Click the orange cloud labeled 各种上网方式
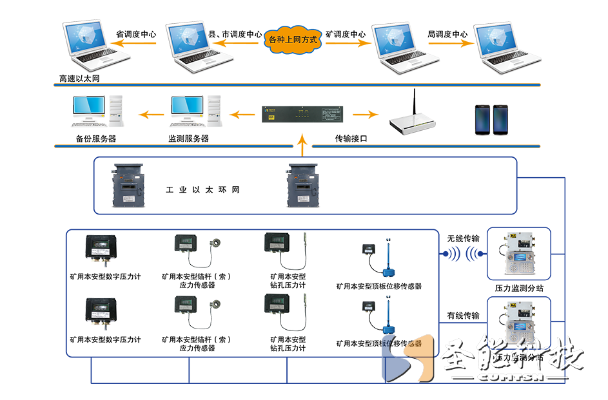coord(293,40)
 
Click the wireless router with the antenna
coord(408,116)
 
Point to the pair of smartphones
coord(492,119)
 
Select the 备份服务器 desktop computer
coord(97,111)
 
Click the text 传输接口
coord(351,138)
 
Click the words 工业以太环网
coord(202,191)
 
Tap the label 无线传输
coord(464,238)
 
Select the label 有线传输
coord(464,316)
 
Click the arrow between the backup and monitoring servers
coord(153,115)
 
